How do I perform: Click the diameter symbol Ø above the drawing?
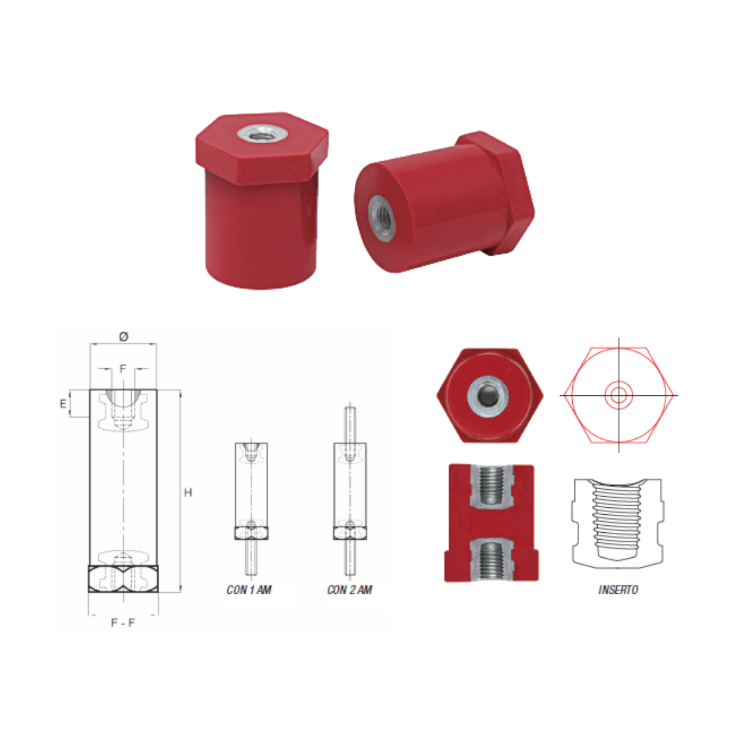(x=124, y=336)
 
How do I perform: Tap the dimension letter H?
(x=188, y=492)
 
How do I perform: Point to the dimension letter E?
(x=63, y=403)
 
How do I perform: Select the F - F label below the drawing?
(x=123, y=622)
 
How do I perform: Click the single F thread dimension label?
(x=123, y=369)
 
